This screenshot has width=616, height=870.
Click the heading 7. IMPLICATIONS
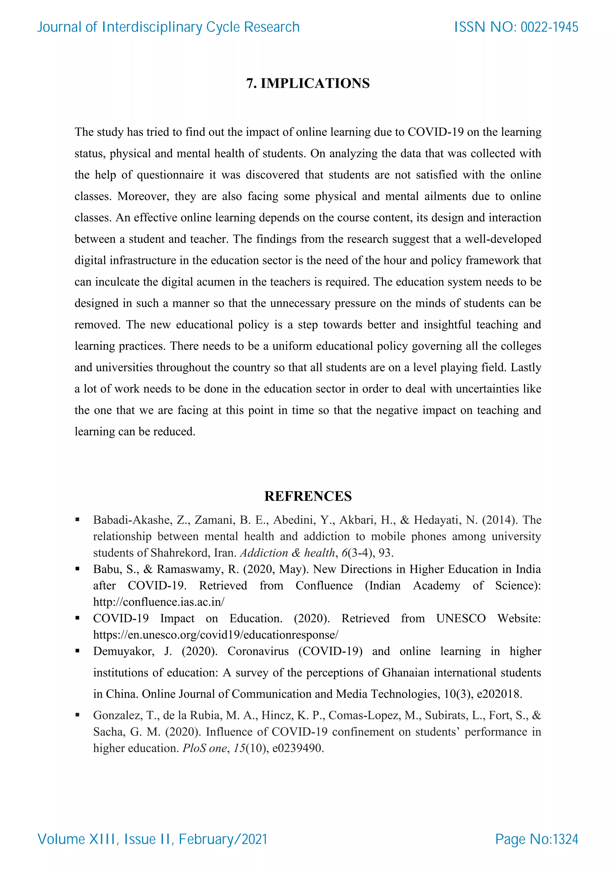[x=308, y=83]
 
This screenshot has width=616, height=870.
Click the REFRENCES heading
[x=308, y=496]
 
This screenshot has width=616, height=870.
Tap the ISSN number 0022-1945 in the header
[x=549, y=27]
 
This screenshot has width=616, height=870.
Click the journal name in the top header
[x=168, y=27]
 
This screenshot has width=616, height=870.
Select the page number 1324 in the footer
[x=565, y=839]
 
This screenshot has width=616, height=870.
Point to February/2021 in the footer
[x=223, y=839]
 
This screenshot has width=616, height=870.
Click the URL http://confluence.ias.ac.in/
[x=159, y=602]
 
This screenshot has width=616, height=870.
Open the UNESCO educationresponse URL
[x=215, y=635]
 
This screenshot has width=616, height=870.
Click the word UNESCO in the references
[x=460, y=618]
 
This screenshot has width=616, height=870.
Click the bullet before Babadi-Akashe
[x=77, y=519]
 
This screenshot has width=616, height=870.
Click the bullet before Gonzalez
[x=77, y=715]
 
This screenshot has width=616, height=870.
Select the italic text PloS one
[x=205, y=748]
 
